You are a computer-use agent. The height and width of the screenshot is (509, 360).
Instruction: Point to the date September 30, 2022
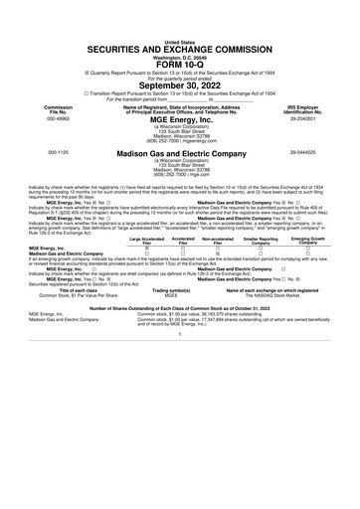coord(180,62)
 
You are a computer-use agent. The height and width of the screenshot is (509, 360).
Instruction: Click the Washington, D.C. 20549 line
coord(180,31)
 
